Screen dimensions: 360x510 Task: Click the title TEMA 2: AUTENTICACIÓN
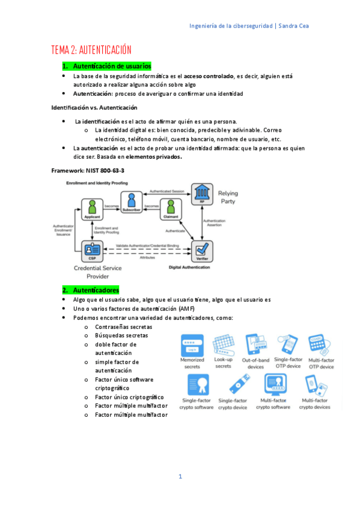[91, 50]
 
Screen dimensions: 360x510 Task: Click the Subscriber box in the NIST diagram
[130, 202]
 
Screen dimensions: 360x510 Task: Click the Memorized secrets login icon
[192, 346]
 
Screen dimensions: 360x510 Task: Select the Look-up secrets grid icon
[224, 345]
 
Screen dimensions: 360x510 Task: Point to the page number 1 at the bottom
[180, 477]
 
